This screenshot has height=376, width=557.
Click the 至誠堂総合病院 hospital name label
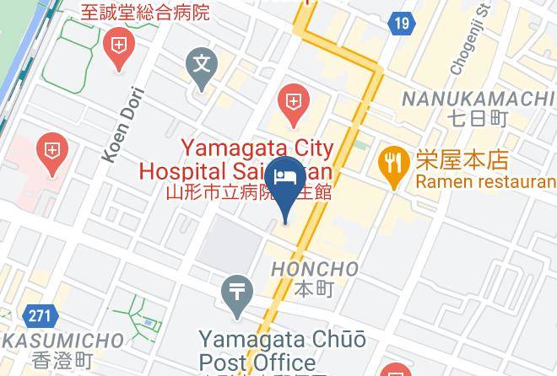[x=145, y=12]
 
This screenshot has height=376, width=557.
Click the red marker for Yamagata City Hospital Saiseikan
[x=292, y=105]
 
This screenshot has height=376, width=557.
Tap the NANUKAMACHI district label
[x=477, y=99]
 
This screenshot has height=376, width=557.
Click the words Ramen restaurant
[x=485, y=181]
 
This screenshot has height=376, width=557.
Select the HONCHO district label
[x=315, y=270]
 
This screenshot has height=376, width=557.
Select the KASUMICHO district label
[x=62, y=341]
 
